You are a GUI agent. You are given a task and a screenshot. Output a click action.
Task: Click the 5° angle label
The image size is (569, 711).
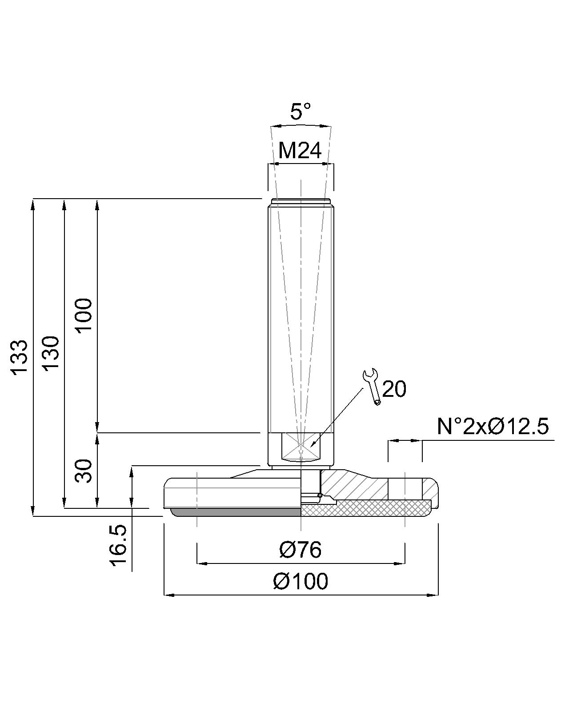pos(300,112)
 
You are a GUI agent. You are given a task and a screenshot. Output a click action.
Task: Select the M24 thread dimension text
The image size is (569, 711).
pos(300,151)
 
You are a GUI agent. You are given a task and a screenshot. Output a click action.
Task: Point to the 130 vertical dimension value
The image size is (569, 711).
pos(51,354)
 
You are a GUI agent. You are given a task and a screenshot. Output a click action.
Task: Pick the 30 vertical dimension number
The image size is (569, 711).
pos(83,471)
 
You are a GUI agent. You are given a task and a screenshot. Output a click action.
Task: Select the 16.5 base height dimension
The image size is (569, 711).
pos(118,546)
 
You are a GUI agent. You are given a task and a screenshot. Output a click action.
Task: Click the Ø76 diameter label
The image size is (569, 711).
pos(300,550)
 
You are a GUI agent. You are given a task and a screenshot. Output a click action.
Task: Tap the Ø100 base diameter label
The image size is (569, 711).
pos(301,582)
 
